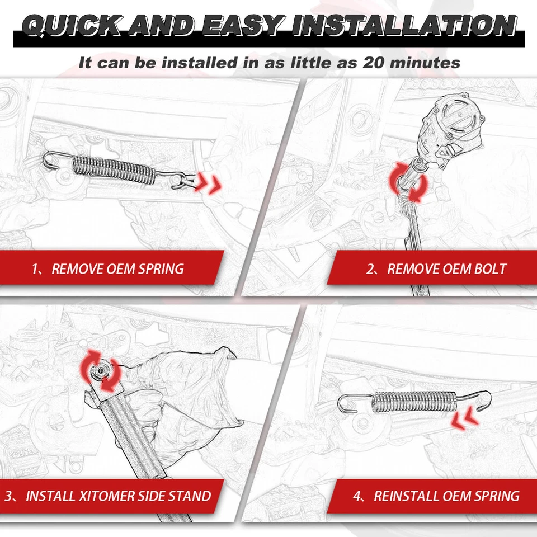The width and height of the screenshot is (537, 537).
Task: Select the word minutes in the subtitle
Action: pos(426,62)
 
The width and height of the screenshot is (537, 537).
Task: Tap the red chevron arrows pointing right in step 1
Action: pos(208,183)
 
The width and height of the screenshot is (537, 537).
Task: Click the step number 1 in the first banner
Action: pos(35,269)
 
